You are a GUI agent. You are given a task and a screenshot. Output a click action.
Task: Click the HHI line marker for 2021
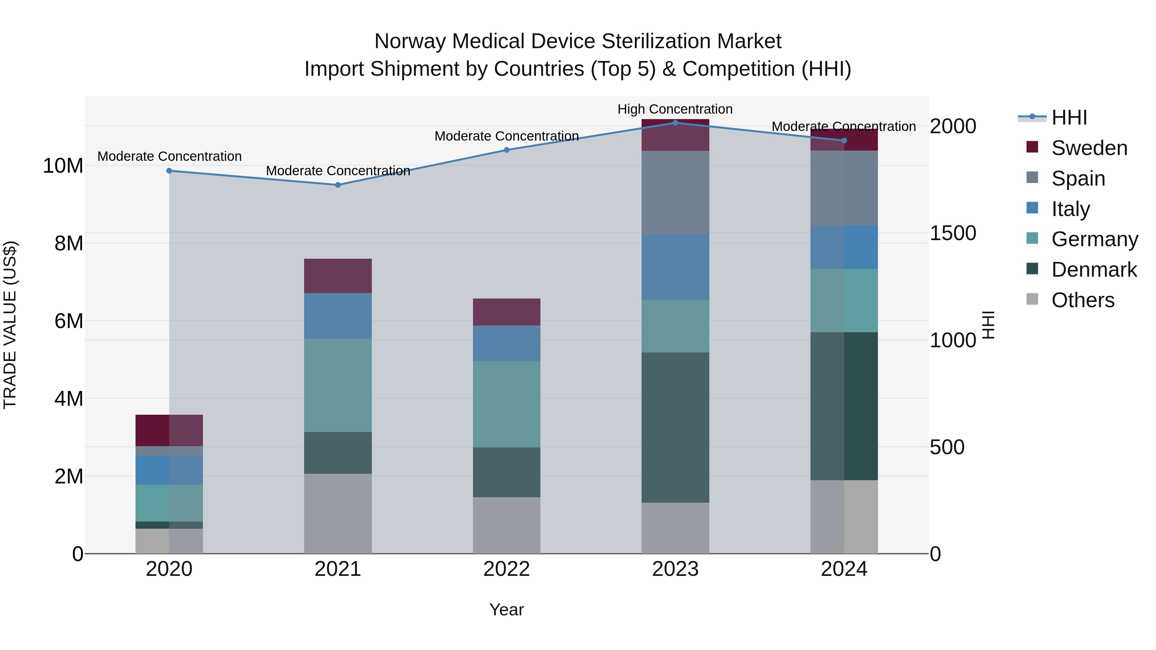click(x=338, y=185)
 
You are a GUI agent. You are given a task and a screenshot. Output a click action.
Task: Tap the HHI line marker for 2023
click(x=675, y=123)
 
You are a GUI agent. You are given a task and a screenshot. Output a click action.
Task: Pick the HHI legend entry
click(x=1069, y=117)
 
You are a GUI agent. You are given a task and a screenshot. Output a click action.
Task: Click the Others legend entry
click(x=1082, y=300)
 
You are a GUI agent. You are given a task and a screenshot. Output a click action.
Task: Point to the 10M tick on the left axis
click(x=63, y=166)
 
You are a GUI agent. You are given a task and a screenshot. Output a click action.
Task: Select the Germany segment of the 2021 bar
click(x=338, y=385)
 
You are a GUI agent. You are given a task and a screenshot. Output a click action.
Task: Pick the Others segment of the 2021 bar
click(x=338, y=513)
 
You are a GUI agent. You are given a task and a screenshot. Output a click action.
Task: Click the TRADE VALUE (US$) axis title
click(x=10, y=325)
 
